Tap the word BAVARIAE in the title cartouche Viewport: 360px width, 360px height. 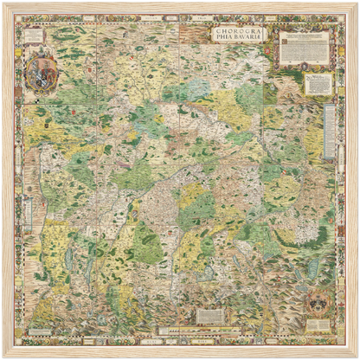[x=247, y=41]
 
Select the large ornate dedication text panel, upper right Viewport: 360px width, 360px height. [x=304, y=48]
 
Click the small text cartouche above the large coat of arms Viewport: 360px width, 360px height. [x=35, y=36]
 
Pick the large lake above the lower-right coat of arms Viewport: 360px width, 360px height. [x=312, y=272]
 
